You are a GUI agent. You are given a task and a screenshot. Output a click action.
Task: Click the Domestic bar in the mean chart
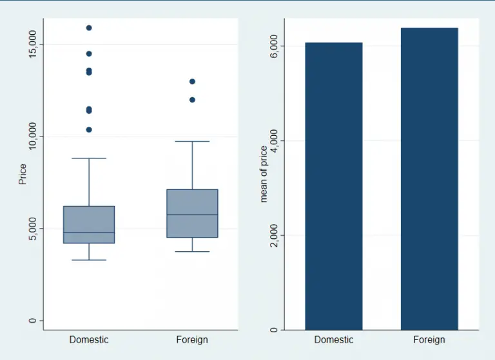coord(333,186)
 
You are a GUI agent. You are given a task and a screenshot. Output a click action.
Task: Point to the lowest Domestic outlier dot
coord(89,129)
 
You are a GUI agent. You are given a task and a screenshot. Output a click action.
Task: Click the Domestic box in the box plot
coord(89,224)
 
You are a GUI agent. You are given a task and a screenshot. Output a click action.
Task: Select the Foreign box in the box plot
coord(192,213)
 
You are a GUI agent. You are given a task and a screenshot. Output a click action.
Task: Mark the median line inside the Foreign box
coord(192,214)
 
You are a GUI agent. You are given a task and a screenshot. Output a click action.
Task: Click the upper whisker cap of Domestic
coord(89,158)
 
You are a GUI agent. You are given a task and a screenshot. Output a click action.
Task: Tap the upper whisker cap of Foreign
coord(192,141)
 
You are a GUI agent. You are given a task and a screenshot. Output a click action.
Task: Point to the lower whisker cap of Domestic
coord(89,260)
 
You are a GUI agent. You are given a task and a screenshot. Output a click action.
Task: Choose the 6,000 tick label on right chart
coord(273,46)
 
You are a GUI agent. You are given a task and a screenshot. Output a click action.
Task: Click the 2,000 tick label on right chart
coord(273,235)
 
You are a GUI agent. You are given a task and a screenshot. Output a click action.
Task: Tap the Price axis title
coord(23,174)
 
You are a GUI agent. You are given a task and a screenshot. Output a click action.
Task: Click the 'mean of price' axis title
coord(263,174)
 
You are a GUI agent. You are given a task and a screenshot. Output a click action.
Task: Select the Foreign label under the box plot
coord(192,339)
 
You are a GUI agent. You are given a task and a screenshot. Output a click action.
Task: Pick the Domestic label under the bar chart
coord(334,339)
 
